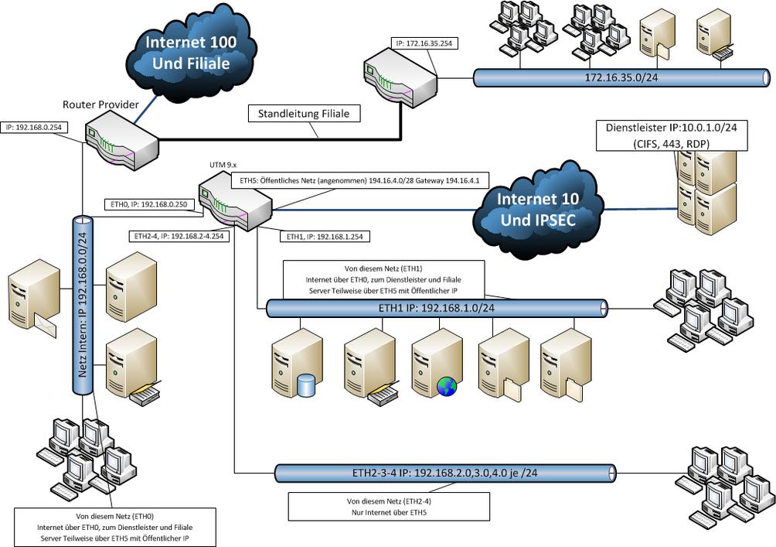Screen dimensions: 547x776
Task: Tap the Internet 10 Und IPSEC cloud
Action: pyautogui.click(x=537, y=209)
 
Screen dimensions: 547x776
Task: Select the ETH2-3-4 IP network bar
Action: pyautogui.click(x=444, y=472)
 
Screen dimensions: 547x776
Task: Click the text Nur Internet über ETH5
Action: pyautogui.click(x=388, y=512)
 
